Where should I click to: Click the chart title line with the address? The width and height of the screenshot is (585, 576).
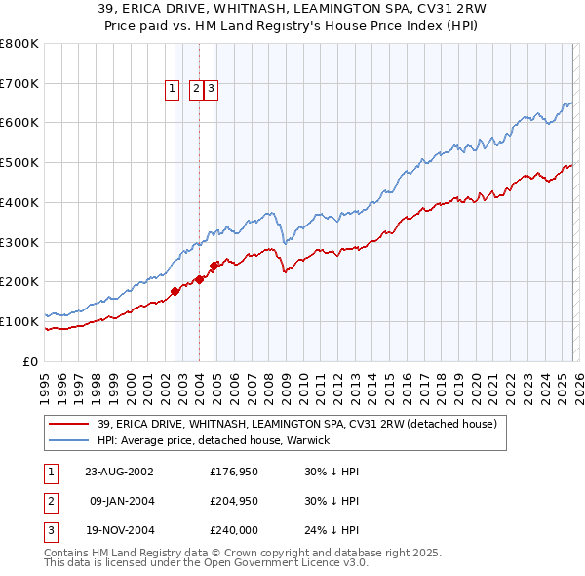(292, 8)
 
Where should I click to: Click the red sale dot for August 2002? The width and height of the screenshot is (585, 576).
(175, 290)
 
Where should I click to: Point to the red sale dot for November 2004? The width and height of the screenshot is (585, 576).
(214, 265)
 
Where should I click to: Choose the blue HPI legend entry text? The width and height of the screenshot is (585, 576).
(214, 440)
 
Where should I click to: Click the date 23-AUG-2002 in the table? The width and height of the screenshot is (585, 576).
(119, 471)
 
